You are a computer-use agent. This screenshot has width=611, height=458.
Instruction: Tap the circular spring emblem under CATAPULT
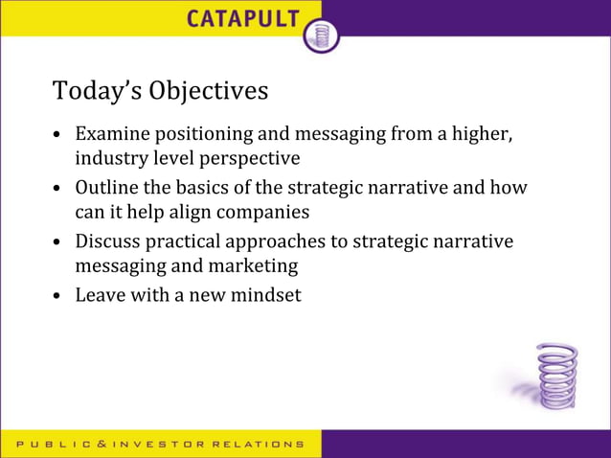[x=321, y=35]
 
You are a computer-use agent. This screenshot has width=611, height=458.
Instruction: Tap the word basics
[x=215, y=188]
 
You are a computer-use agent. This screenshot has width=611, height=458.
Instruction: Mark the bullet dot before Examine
[x=58, y=135]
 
